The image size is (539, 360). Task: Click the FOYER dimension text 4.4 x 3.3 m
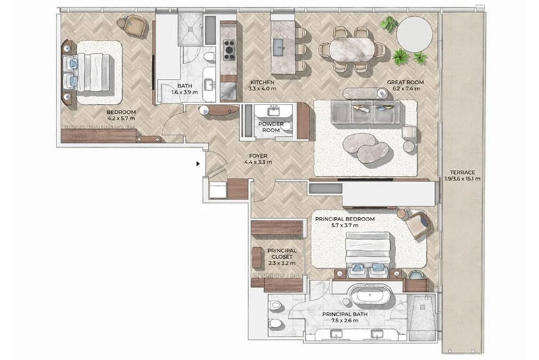click(x=258, y=162)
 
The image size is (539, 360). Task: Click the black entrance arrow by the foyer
click(x=197, y=163)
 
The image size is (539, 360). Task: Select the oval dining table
click(x=352, y=49)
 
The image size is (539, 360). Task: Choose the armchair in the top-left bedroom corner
click(x=135, y=26)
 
